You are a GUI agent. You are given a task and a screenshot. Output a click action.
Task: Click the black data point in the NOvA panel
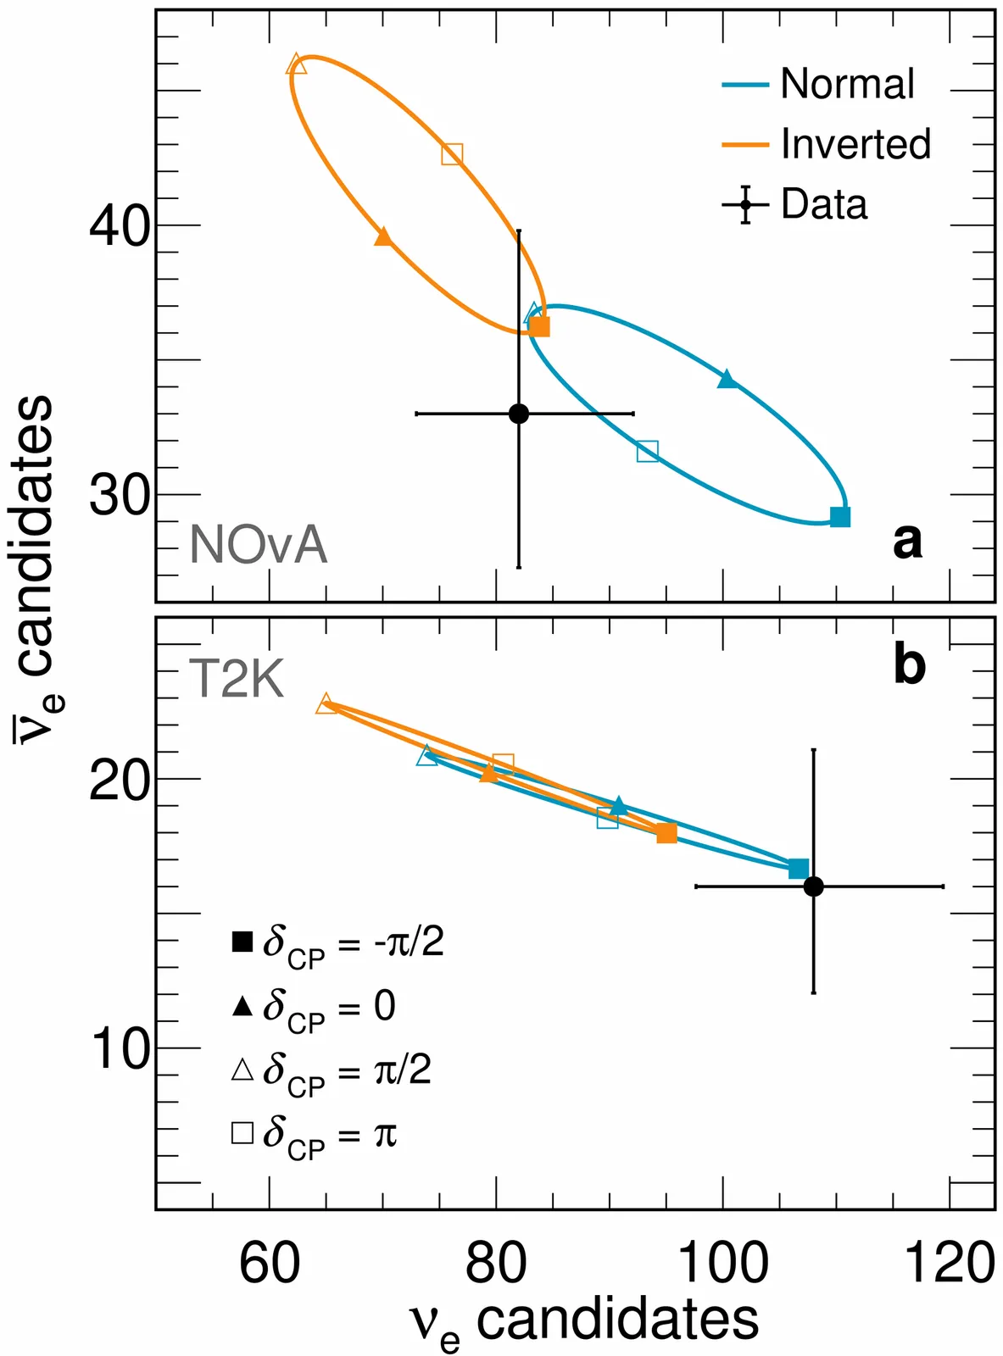[519, 414]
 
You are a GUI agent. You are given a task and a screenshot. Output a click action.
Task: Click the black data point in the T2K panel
[813, 886]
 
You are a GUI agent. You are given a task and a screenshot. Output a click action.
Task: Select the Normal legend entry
[819, 84]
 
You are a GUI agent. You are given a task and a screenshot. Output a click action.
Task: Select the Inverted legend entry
[827, 144]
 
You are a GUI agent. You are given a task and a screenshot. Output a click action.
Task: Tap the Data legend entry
[796, 205]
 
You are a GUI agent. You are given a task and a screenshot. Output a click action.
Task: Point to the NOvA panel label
[259, 544]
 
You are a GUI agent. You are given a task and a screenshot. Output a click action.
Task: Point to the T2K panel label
[237, 678]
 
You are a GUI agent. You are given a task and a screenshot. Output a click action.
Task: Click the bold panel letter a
[907, 541]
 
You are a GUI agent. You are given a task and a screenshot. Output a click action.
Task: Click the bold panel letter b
[910, 666]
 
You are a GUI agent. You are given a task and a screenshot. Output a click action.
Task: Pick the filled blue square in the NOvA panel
[840, 517]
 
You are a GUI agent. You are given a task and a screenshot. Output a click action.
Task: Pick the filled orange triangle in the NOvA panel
[383, 236]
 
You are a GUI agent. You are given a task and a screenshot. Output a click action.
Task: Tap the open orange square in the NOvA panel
[452, 154]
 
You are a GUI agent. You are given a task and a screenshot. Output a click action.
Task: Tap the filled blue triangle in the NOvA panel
[727, 380]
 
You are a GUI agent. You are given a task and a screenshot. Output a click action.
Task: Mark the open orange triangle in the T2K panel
[326, 704]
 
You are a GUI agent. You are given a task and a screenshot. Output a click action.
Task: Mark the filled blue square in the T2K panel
[798, 869]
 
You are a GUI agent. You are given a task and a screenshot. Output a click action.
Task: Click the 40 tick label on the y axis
[120, 225]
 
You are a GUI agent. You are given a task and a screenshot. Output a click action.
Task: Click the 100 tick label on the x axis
[723, 1264]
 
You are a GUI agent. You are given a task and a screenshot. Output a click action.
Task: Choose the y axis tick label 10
[120, 1049]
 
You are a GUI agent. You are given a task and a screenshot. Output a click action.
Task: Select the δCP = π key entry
[314, 1134]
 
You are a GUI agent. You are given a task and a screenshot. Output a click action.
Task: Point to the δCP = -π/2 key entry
[337, 942]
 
